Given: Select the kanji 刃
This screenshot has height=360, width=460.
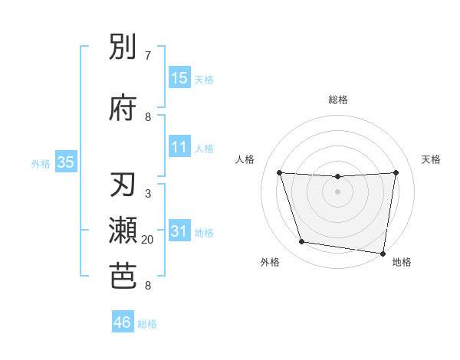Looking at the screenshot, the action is (x=123, y=186).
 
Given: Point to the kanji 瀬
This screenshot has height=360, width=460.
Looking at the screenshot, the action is (x=123, y=231).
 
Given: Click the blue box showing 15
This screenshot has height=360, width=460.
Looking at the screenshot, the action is (x=179, y=78).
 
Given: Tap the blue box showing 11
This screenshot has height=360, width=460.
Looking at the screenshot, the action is (x=179, y=147).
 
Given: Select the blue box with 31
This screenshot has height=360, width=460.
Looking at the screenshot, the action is (x=179, y=232).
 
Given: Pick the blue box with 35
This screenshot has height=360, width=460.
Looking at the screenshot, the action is (x=66, y=162).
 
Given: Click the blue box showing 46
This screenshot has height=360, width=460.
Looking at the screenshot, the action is (x=123, y=322).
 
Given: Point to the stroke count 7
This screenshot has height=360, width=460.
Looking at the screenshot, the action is (x=148, y=56).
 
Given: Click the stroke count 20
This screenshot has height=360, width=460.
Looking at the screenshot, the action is (x=148, y=240).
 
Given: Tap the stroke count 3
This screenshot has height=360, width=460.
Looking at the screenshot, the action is (x=148, y=194).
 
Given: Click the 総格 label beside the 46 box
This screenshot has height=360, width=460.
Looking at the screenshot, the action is (x=147, y=324).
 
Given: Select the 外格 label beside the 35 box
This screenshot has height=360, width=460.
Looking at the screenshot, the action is (x=41, y=163).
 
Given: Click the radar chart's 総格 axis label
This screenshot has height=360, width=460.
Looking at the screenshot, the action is (x=338, y=100).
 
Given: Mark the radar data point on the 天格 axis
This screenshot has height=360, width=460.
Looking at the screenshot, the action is (x=396, y=172).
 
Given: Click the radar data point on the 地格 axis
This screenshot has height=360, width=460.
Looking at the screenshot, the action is (x=383, y=254).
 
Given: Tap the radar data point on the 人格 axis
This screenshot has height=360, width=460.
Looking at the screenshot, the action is (x=279, y=172).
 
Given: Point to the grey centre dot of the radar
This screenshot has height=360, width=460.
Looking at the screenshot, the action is (x=338, y=191).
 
